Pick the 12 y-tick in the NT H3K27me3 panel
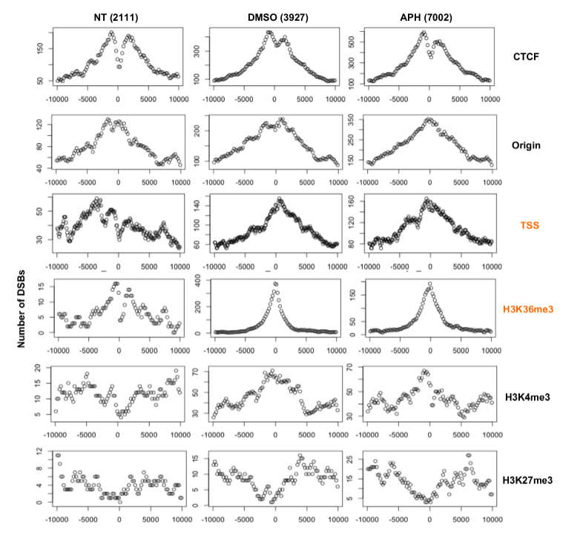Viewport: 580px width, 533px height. pyautogui.click(x=39, y=451)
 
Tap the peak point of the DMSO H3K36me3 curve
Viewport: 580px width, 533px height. pyautogui.click(x=275, y=283)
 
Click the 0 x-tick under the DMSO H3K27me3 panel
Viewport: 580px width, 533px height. pyautogui.click(x=275, y=512)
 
